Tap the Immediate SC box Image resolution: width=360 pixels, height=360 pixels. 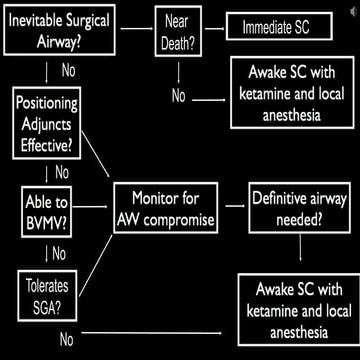tap(283, 28)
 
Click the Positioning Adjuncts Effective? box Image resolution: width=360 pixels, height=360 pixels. tap(48, 122)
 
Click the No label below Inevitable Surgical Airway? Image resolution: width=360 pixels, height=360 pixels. tap(68, 72)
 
